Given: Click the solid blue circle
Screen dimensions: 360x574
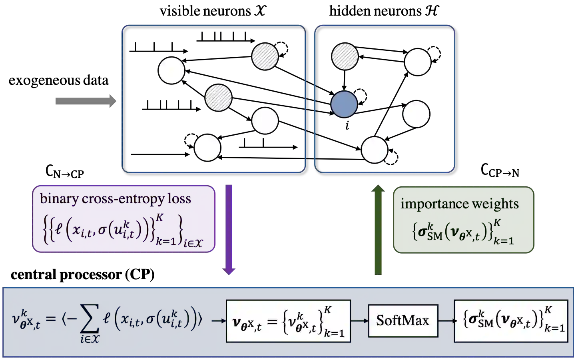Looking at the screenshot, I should (344, 104).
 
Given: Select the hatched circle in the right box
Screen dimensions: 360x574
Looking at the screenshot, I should (345, 56).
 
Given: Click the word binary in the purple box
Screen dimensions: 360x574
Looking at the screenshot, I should (59, 199).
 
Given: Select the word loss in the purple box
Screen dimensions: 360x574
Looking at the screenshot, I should (179, 199).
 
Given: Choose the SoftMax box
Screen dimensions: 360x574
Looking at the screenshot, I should (403, 320).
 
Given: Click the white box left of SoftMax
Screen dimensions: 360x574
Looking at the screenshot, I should (288, 321).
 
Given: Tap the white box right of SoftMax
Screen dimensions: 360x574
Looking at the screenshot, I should (510, 321).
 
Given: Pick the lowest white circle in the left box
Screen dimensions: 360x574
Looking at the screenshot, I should (207, 148).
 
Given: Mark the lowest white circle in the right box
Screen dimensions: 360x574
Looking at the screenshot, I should (374, 150).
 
